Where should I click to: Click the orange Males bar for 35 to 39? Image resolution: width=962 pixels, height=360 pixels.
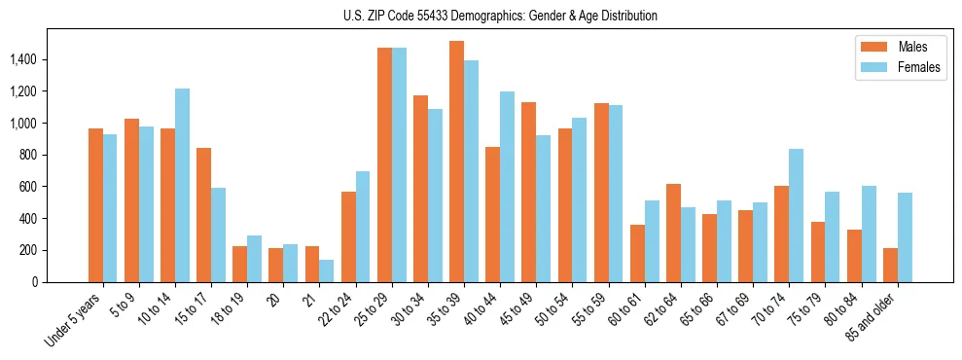[x=456, y=162]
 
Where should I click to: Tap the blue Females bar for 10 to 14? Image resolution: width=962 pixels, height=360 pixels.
[x=182, y=185]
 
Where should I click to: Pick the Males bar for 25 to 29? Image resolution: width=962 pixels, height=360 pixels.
[x=384, y=164]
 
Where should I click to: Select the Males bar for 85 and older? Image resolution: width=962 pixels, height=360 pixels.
[x=890, y=265]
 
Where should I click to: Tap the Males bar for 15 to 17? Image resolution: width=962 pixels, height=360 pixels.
[x=203, y=215]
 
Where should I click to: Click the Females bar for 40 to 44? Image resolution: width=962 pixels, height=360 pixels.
[x=507, y=187]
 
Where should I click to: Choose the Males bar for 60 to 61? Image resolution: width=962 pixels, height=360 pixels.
[x=637, y=253]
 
